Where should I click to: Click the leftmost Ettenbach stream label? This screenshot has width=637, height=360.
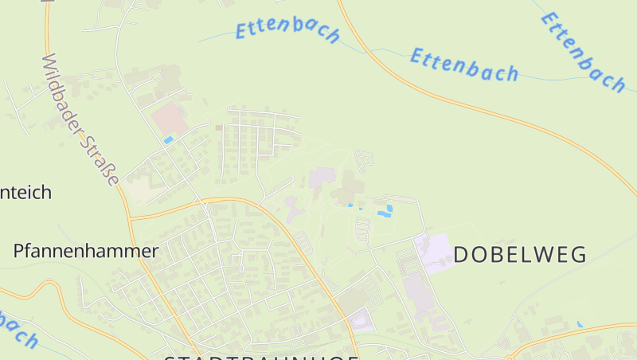[x=287, y=30]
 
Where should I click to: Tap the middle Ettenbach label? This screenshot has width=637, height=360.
[x=463, y=65]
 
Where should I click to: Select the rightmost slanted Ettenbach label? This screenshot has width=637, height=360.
[x=582, y=51]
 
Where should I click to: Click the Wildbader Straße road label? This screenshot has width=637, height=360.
[x=80, y=119]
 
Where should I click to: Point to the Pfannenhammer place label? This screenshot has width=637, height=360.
[x=86, y=251]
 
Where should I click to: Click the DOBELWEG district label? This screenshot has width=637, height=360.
[x=520, y=254]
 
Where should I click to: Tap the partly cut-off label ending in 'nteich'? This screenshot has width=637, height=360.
[x=25, y=192]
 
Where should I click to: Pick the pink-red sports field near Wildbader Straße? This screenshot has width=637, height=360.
[x=170, y=119]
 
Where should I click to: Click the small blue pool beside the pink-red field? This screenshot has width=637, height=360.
[x=168, y=140]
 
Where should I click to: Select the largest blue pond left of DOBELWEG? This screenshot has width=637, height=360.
[x=387, y=210]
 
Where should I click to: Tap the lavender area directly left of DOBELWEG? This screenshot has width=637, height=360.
[x=432, y=252]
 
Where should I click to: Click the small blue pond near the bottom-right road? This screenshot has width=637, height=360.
[x=580, y=325]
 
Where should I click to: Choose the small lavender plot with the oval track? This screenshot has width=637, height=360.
[x=361, y=322]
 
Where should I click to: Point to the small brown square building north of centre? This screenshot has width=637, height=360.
[x=219, y=127]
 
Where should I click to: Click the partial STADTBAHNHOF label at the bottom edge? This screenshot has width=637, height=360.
[x=260, y=356]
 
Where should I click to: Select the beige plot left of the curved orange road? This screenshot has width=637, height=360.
[x=140, y=189]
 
